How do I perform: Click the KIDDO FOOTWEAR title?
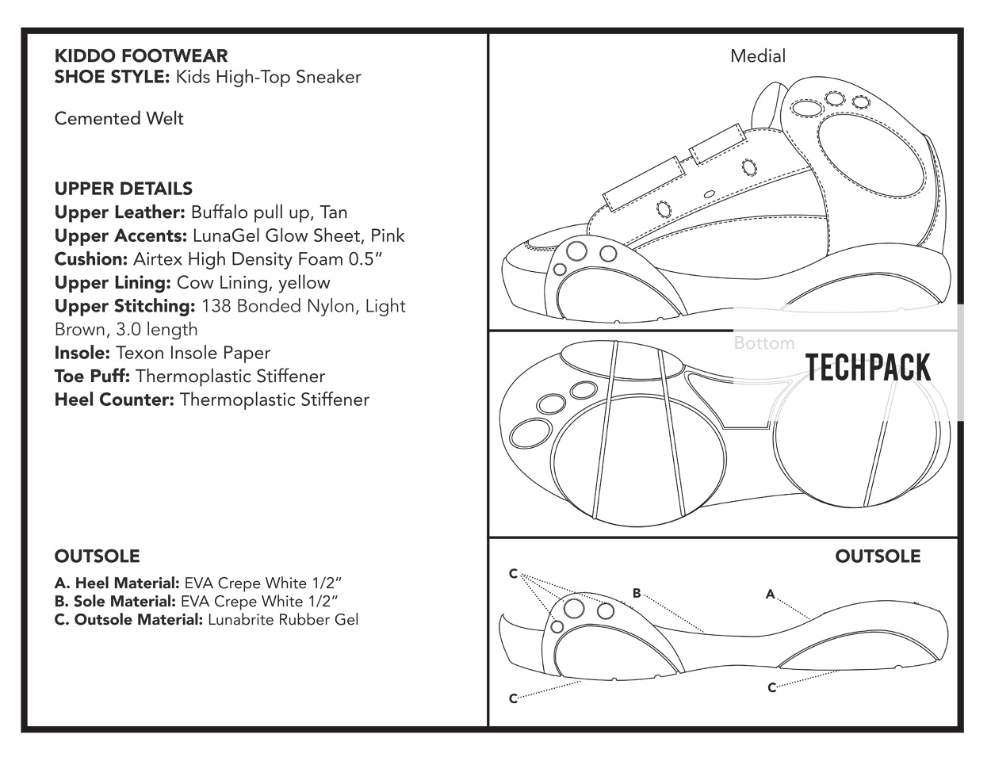(141, 55)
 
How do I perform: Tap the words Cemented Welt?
(119, 119)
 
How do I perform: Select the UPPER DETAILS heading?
(123, 189)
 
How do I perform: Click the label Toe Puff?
(92, 377)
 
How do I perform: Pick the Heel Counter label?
(114, 400)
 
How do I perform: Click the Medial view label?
(757, 56)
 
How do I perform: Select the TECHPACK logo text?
(868, 368)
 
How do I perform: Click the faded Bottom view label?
(764, 342)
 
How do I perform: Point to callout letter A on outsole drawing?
(771, 594)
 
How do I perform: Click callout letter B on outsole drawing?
(637, 593)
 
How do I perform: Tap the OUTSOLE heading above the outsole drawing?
(878, 557)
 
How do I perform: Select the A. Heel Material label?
(117, 583)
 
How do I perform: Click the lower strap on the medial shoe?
(644, 184)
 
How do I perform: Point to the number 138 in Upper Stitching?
(216, 306)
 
